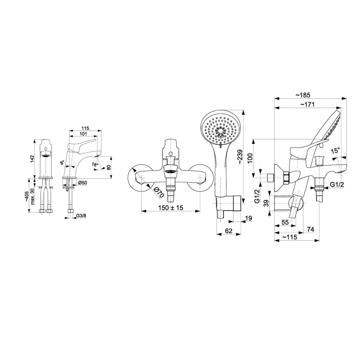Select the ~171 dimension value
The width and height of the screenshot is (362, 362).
click(307, 104)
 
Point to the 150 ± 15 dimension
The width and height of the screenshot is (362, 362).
click(170, 207)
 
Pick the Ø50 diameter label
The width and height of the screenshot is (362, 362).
click(82, 183)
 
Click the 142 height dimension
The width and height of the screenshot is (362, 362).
click(32, 159)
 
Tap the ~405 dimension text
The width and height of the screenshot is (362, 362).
click(27, 196)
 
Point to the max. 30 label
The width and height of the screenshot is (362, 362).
click(32, 196)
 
